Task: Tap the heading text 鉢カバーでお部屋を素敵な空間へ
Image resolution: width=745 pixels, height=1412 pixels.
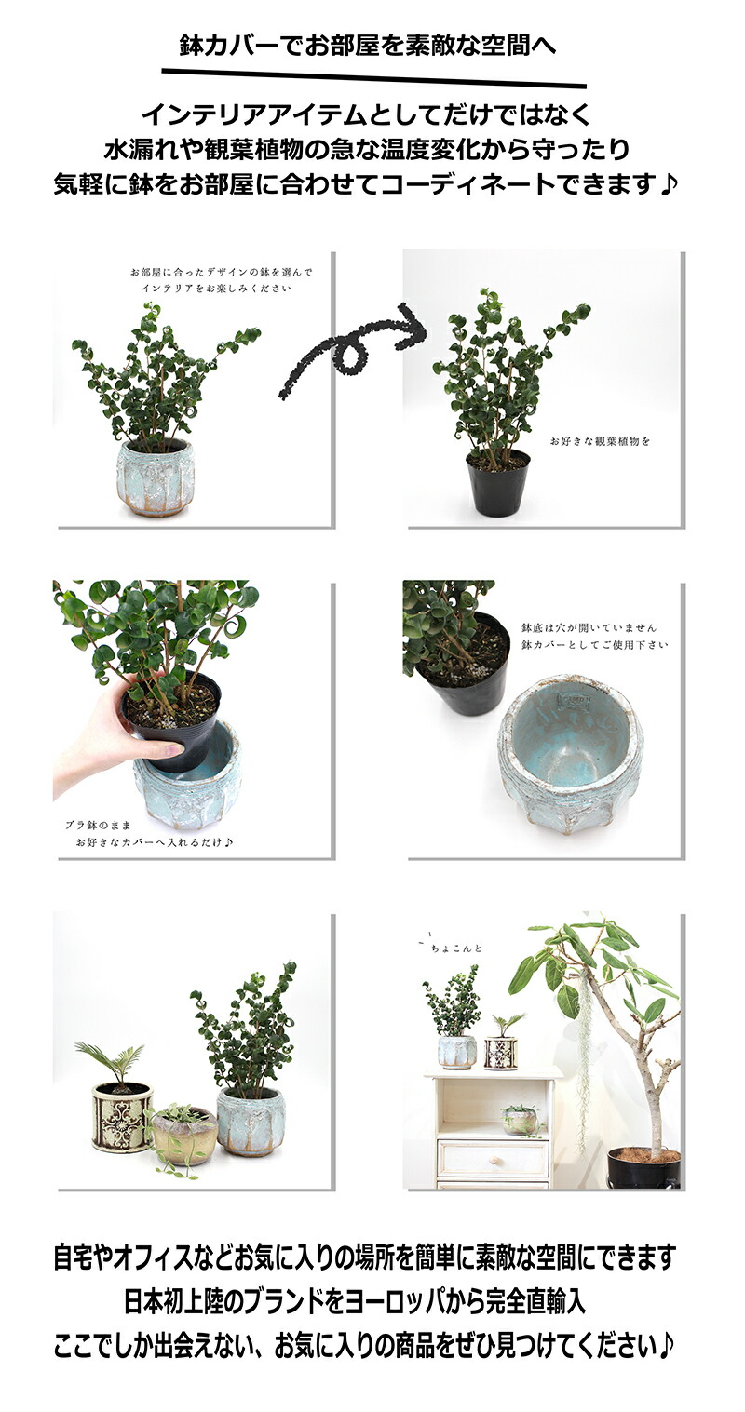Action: click(368, 47)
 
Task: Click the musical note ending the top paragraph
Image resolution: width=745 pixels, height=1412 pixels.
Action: click(668, 184)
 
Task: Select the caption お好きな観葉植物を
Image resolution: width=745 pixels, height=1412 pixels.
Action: click(600, 441)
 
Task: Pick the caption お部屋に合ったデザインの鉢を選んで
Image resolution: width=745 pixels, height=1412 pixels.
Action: click(222, 273)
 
